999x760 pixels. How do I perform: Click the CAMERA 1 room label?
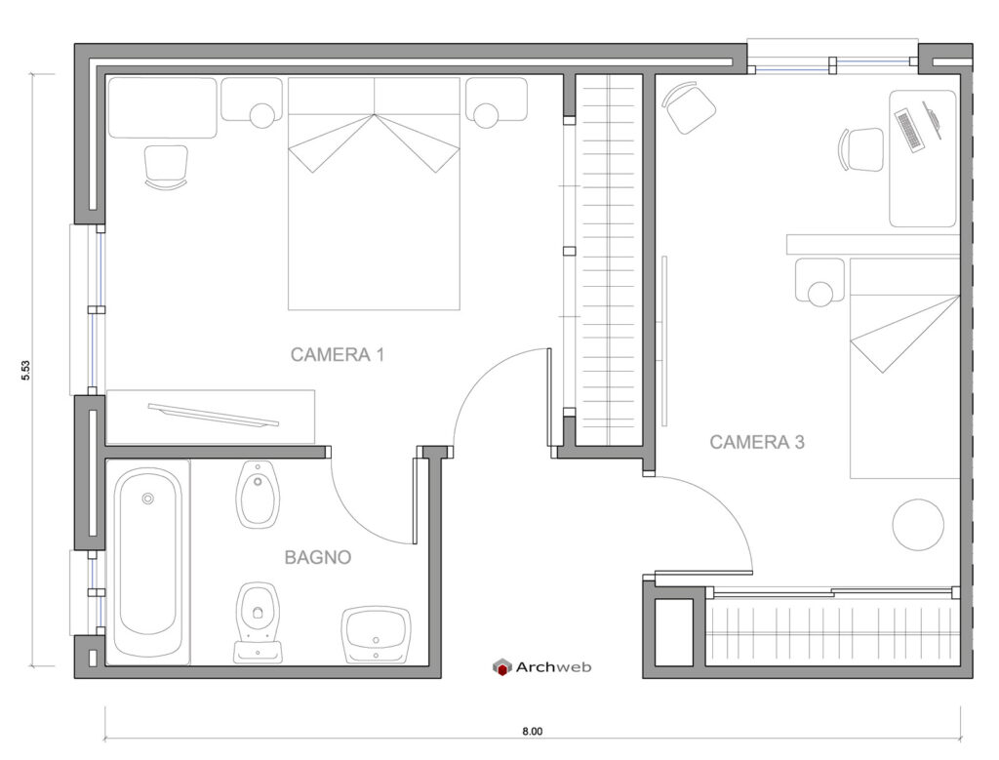tap(337, 355)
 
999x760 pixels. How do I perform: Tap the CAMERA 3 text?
tap(756, 442)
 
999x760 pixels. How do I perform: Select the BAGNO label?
tap(317, 558)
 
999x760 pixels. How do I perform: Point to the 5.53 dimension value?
tap(26, 371)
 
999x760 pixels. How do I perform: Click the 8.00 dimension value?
tap(531, 731)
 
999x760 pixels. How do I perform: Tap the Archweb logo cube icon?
tap(501, 667)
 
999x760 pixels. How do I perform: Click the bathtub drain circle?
tap(148, 499)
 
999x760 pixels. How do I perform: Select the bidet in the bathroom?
tap(258, 493)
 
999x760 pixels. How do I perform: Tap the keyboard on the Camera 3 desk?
tap(908, 131)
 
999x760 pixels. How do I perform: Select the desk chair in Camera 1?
tap(166, 166)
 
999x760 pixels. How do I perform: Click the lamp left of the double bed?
tap(262, 116)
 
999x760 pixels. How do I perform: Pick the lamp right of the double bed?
tap(485, 116)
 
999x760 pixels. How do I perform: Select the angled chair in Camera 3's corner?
tap(690, 107)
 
